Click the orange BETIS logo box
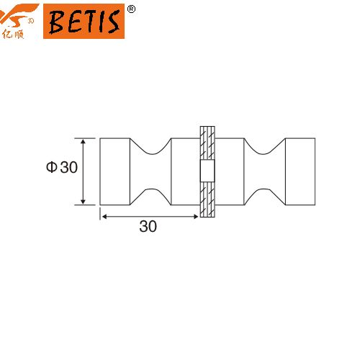84,21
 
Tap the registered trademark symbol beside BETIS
131,9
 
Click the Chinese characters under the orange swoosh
13,35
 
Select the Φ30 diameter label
62,167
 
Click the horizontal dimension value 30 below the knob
148,226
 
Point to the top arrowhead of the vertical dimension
83,141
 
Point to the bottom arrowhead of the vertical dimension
83,202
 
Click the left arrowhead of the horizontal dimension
104,217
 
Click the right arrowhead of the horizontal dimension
196,217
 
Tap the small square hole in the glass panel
207,171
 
